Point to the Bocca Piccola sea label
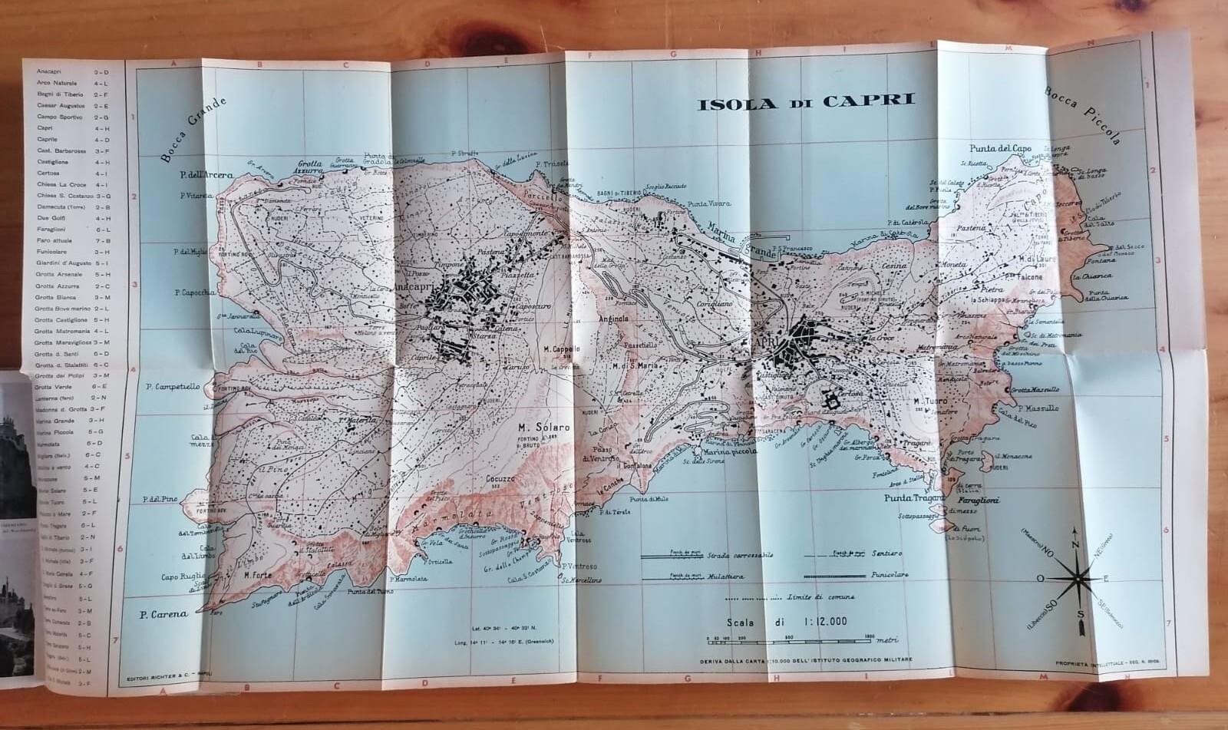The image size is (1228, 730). point(1083,115)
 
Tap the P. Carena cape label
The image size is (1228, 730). point(163,614)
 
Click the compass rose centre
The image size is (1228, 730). point(1079,577)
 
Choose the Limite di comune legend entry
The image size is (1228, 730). point(820,596)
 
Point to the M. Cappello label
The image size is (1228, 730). point(561,349)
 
